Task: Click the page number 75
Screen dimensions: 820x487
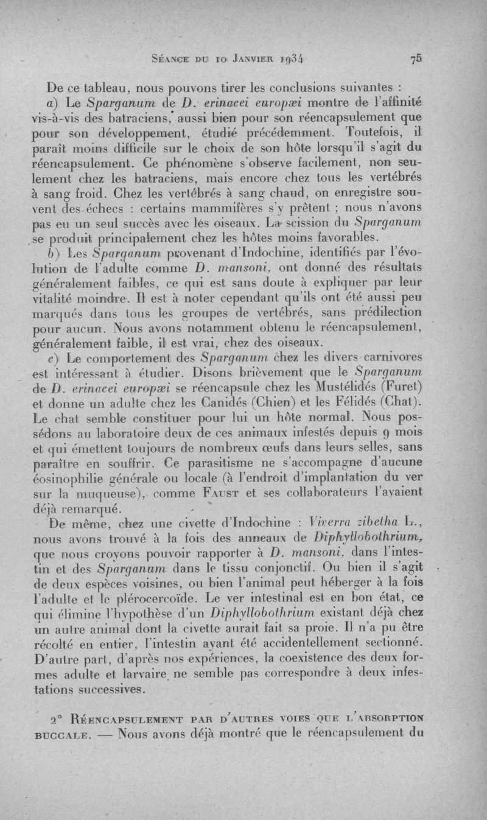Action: pos(416,60)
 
